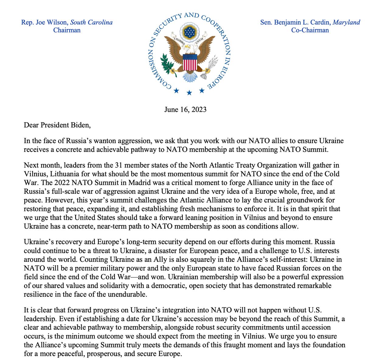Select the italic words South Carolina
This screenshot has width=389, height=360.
click(x=91, y=22)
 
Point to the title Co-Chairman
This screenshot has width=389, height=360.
click(x=310, y=30)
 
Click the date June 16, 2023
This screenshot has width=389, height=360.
click(x=185, y=109)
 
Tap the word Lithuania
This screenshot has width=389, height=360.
click(x=64, y=174)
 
